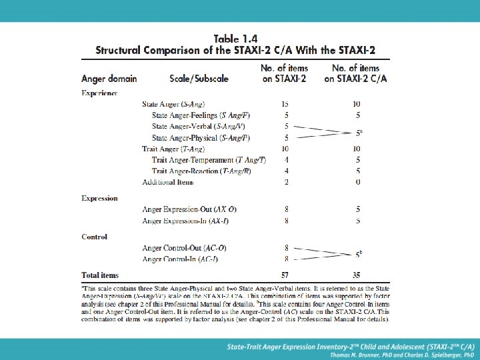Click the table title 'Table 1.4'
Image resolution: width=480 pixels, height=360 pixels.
coord(235,38)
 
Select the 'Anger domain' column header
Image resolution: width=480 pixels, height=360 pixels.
coord(109,78)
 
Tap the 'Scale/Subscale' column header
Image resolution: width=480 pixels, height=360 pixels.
coord(199,78)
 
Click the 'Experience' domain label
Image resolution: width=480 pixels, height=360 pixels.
coord(99,93)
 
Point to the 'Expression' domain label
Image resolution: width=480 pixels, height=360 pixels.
coord(99,198)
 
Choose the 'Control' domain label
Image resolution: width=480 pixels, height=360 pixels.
coord(94,237)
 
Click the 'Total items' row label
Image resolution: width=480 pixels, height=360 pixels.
coord(100,275)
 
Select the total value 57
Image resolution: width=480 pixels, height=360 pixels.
coord(285,275)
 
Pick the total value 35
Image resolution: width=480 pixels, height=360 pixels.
coord(357,275)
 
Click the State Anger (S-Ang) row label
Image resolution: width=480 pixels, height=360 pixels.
coord(173,104)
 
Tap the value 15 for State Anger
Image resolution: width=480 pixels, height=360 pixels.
coord(285,104)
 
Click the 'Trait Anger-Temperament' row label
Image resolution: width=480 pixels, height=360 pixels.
coord(209,160)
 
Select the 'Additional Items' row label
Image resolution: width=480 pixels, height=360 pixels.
coord(168,182)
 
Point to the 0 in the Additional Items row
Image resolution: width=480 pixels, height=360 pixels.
coord(358,182)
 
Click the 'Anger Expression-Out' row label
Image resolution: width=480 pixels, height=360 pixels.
coord(189,209)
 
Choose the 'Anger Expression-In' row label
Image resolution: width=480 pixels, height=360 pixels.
coord(185,220)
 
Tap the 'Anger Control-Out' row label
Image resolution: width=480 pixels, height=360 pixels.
coord(184,248)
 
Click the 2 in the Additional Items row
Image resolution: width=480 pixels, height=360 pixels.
coord(286,182)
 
